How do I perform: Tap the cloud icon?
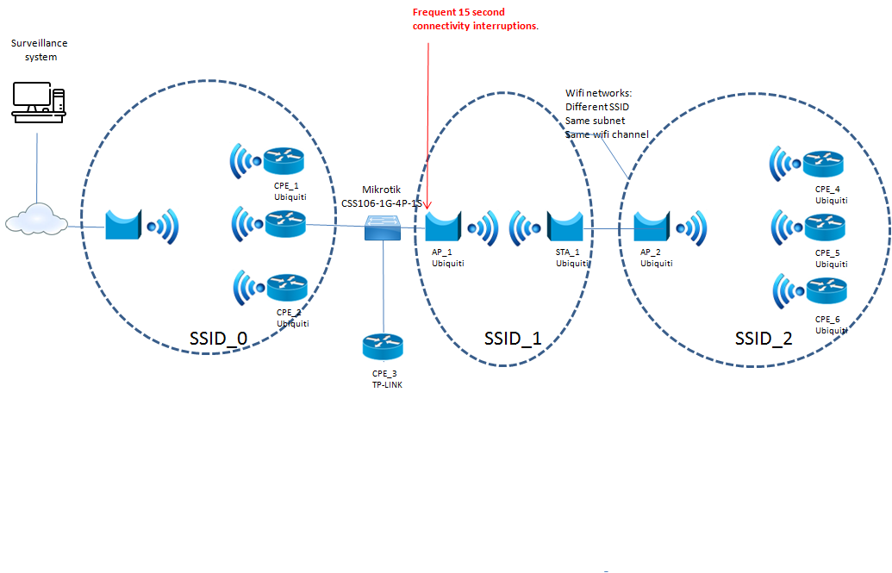click(x=36, y=220)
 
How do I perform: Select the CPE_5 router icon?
click(x=825, y=227)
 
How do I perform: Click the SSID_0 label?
click(x=218, y=339)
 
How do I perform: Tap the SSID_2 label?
click(x=764, y=339)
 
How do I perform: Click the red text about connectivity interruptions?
click(x=475, y=19)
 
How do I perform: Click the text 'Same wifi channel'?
click(x=607, y=134)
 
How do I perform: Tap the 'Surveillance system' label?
click(x=40, y=50)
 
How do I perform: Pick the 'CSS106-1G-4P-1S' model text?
click(x=380, y=203)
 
